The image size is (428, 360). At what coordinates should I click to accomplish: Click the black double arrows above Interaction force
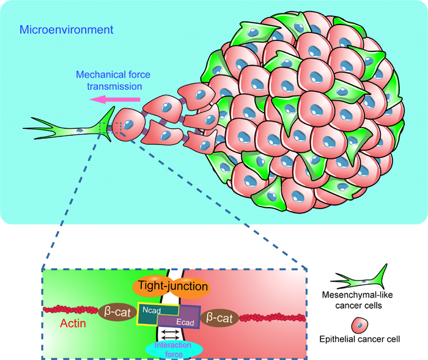pyautogui.click(x=172, y=334)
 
